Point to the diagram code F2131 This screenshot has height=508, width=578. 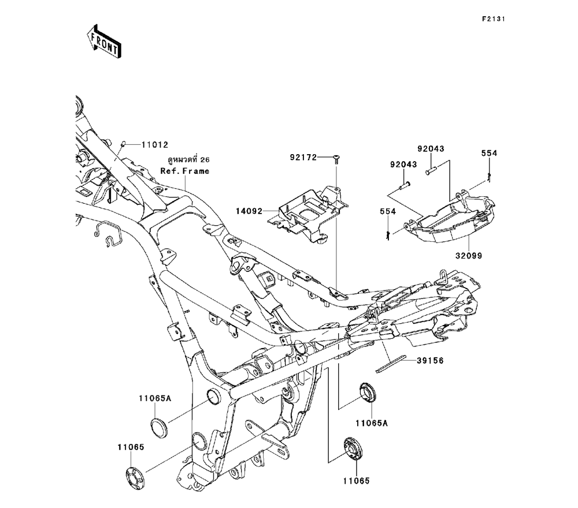(x=494, y=19)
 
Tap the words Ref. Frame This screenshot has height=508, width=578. (x=184, y=171)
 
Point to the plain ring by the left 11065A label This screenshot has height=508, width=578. (x=159, y=428)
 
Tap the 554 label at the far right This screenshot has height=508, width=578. (x=490, y=154)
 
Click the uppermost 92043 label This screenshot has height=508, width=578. (x=432, y=149)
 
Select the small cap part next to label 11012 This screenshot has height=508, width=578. (x=123, y=144)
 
